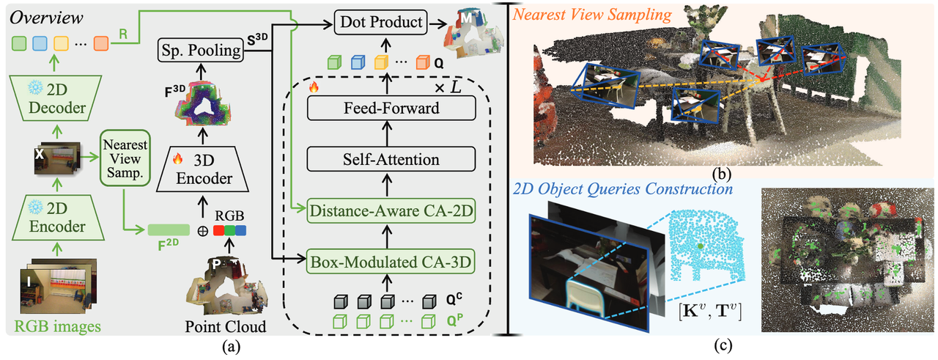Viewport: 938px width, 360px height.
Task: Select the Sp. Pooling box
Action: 200,51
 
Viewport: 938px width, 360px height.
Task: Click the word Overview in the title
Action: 45,15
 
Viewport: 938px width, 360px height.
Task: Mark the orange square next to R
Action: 100,43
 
